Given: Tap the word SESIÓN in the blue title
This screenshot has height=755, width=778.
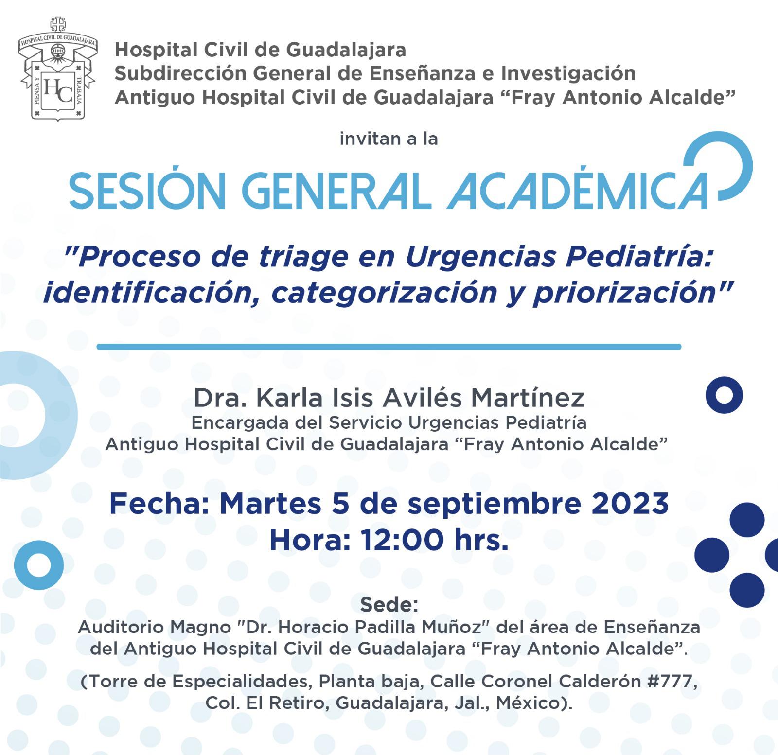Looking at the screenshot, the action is pyautogui.click(x=148, y=191).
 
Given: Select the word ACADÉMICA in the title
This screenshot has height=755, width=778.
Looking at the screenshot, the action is pyautogui.click(x=578, y=191).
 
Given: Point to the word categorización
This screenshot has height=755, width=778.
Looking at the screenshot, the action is pyautogui.click(x=384, y=292).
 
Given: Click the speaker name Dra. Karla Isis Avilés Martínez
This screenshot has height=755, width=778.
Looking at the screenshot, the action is pyautogui.click(x=389, y=398).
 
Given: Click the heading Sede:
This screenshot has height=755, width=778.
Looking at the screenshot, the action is pyautogui.click(x=389, y=605).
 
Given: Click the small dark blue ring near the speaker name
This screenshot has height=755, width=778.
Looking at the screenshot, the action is pyautogui.click(x=724, y=395).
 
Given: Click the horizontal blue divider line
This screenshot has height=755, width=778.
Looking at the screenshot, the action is pyautogui.click(x=389, y=347).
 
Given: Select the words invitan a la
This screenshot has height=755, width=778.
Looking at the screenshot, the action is pyautogui.click(x=389, y=139).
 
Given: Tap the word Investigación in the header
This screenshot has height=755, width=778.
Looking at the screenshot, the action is pyautogui.click(x=568, y=73).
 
